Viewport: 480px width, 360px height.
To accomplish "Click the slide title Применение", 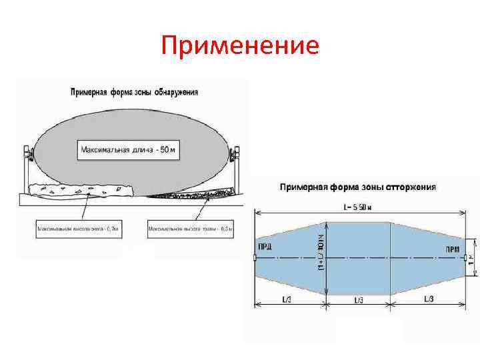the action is tap(240, 46).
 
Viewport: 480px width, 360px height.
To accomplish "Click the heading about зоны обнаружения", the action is tap(134, 92).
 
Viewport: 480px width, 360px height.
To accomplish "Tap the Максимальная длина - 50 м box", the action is tap(129, 150).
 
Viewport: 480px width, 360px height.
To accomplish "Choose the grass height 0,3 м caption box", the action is tap(190, 229).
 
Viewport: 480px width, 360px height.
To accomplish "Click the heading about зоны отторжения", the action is tap(357, 187).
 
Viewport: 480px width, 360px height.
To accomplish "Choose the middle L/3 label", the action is tap(359, 299).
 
